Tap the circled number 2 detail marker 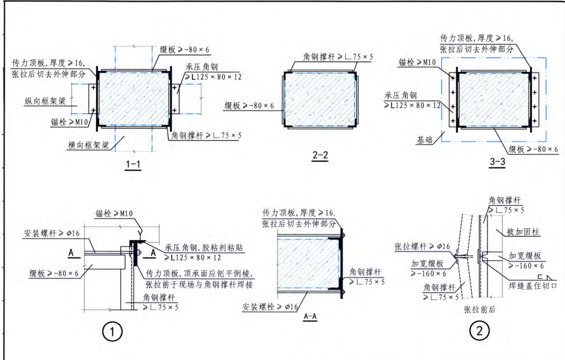(x=479, y=332)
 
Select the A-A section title (x=310, y=316)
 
